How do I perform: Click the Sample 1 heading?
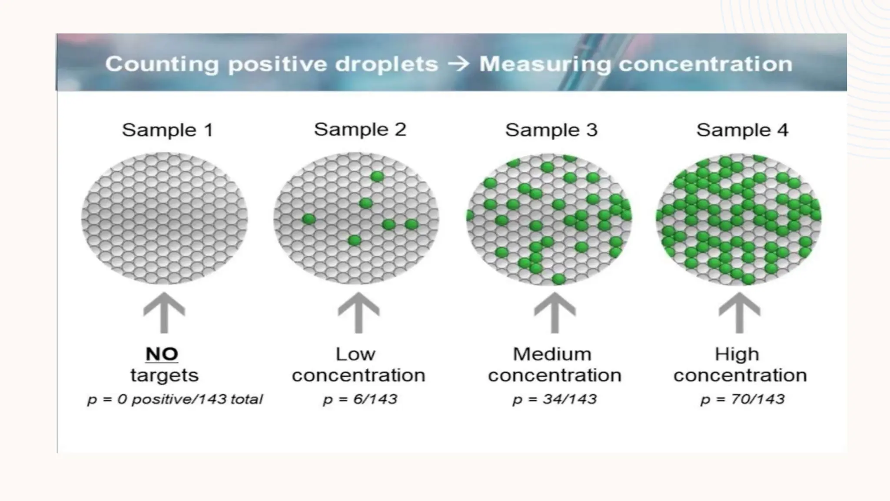tap(167, 130)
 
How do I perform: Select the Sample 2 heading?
tap(360, 130)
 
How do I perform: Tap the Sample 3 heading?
tap(551, 130)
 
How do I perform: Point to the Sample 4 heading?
tap(742, 130)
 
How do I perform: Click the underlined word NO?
tap(162, 354)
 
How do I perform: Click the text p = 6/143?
tap(360, 399)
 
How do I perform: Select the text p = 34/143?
tap(555, 399)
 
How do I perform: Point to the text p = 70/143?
tap(742, 399)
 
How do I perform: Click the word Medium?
tap(552, 354)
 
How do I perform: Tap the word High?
tap(737, 354)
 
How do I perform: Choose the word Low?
tap(355, 354)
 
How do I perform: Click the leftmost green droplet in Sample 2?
tap(309, 219)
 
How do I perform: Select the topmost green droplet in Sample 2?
tap(377, 176)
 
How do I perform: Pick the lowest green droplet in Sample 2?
tap(355, 240)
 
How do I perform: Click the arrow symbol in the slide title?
tap(458, 64)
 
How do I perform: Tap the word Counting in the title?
tap(162, 64)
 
